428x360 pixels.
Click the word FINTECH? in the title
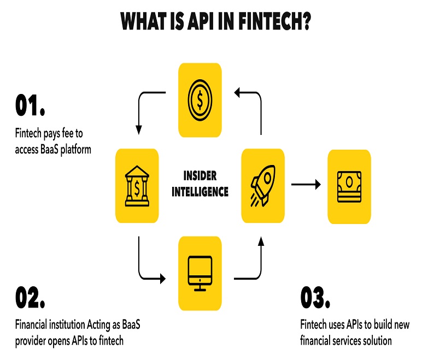coord(274,21)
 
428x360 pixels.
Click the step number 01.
coord(30,105)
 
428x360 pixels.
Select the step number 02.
coord(30,297)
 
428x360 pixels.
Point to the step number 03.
coord(315,297)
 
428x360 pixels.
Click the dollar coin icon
coord(200,100)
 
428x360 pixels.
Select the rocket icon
coord(263,185)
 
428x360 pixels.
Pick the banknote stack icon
coord(349,187)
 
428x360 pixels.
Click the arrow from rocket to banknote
coord(306,184)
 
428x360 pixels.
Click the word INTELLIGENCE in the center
coord(200,192)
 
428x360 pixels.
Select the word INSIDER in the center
coord(200,176)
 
